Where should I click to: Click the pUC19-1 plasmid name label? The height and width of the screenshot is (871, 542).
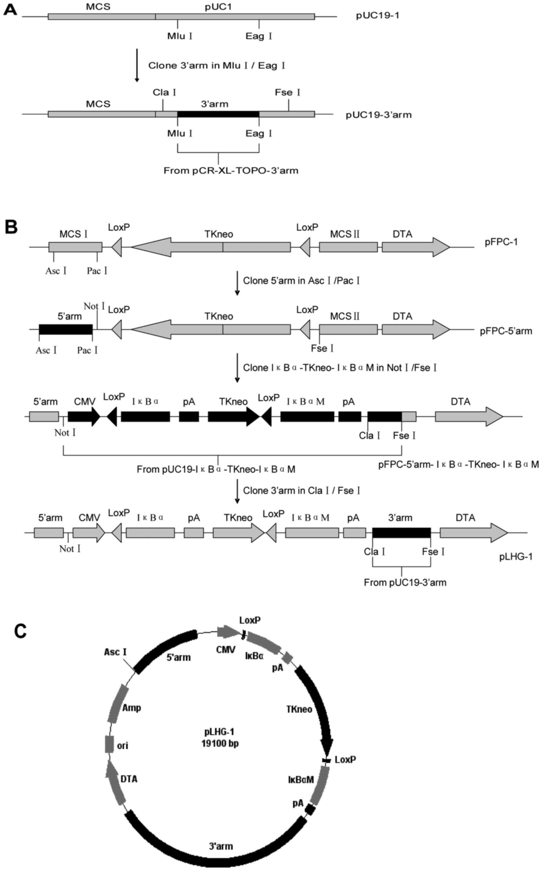click(377, 16)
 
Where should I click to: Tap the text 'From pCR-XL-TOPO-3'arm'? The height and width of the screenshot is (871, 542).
click(231, 170)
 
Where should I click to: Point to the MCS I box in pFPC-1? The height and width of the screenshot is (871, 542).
click(75, 247)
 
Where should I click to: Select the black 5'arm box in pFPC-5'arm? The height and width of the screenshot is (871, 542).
click(66, 329)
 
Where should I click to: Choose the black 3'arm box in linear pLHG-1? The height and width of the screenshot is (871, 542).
click(401, 533)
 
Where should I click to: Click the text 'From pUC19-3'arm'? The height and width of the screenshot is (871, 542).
click(405, 582)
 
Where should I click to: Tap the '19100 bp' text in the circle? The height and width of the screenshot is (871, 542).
click(220, 743)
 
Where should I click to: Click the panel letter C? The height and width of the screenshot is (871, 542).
click(20, 631)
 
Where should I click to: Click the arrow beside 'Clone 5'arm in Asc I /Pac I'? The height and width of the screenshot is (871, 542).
click(237, 284)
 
